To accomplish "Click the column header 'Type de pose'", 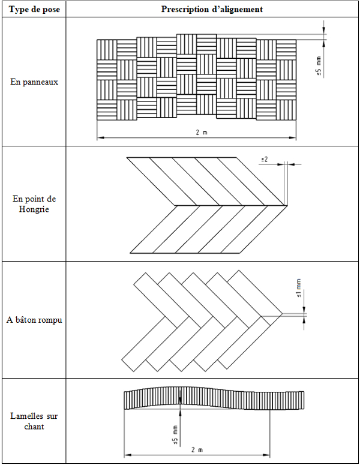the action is [34, 9].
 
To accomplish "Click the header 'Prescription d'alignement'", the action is [212, 9].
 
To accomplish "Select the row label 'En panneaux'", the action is [34, 82].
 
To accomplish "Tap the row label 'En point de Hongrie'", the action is [34, 204].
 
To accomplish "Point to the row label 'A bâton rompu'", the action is [34, 320].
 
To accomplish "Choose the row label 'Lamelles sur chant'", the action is [34, 421].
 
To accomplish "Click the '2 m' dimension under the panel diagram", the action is [202, 132].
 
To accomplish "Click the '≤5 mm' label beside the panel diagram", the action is [319, 66].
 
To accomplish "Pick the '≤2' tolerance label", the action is [265, 160].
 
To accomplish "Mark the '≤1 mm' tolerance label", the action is [299, 288].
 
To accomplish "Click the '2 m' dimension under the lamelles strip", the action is [197, 450].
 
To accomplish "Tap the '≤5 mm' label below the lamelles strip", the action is [175, 436].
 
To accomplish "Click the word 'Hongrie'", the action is [34, 209].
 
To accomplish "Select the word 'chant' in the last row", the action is [34, 427].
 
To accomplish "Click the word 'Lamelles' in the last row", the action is [22, 416].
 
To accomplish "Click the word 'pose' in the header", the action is [52, 10].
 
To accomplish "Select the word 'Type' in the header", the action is [17, 10].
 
